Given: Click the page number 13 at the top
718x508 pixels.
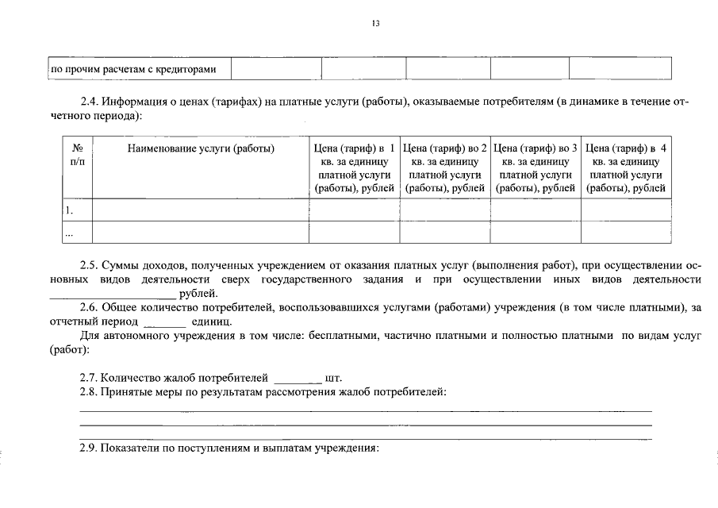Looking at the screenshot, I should pos(376,23).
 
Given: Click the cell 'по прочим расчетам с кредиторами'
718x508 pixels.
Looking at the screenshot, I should pos(133,70).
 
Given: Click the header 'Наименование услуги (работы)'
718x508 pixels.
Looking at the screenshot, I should pos(201,148).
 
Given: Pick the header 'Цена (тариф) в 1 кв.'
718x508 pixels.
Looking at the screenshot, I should pos(354,167).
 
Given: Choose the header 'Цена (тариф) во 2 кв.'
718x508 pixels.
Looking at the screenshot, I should pos(445,167).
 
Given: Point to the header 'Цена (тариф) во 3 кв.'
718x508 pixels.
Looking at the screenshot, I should pos(536,167).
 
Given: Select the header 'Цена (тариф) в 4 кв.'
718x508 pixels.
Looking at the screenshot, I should pos(626,167).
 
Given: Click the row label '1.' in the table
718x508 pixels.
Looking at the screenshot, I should pos(69,210).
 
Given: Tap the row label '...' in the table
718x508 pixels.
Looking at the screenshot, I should pos(69,233).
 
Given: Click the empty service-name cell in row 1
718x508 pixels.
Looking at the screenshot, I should pos(201,210).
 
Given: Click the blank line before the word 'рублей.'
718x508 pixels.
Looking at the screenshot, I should pos(113,294).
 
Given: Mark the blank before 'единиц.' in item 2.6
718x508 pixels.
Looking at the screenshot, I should pos(164,322).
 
